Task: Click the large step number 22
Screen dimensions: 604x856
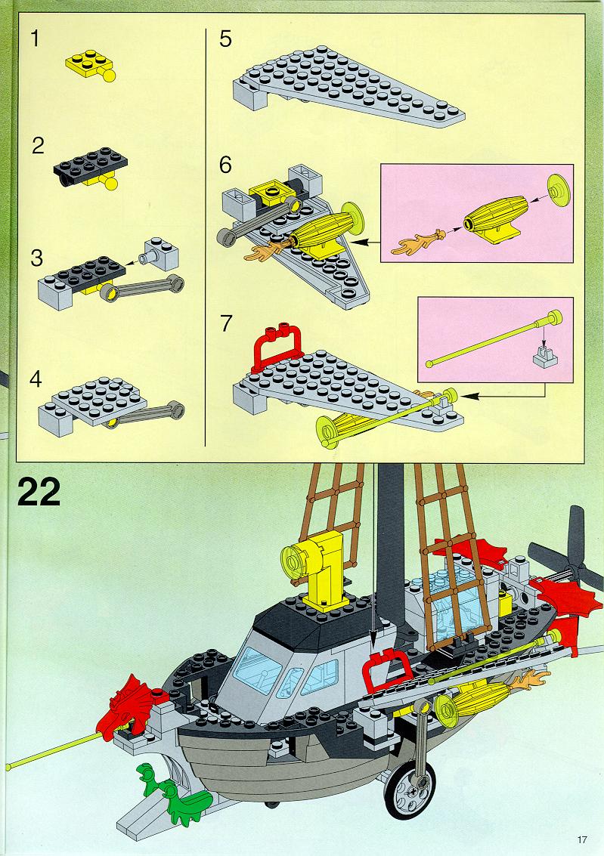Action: [39, 493]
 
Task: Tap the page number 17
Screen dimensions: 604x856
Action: [581, 839]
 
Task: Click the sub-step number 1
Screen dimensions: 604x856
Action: [35, 39]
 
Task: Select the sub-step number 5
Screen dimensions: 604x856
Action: [225, 39]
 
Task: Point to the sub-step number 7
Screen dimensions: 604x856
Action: [225, 323]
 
